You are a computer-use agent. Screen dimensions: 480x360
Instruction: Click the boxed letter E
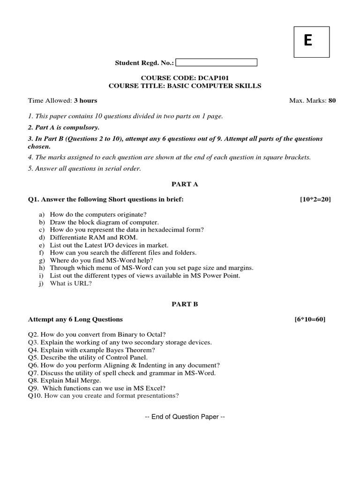308,42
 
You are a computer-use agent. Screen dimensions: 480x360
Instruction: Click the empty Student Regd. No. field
217,62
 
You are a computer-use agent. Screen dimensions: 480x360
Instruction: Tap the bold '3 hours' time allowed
85,100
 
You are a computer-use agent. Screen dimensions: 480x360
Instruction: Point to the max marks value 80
332,100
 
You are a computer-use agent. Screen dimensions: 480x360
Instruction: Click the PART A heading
185,184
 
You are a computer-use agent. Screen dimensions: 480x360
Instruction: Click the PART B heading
185,304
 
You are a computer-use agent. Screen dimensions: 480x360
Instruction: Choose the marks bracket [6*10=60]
309,319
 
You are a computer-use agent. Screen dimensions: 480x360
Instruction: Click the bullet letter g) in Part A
42,260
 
